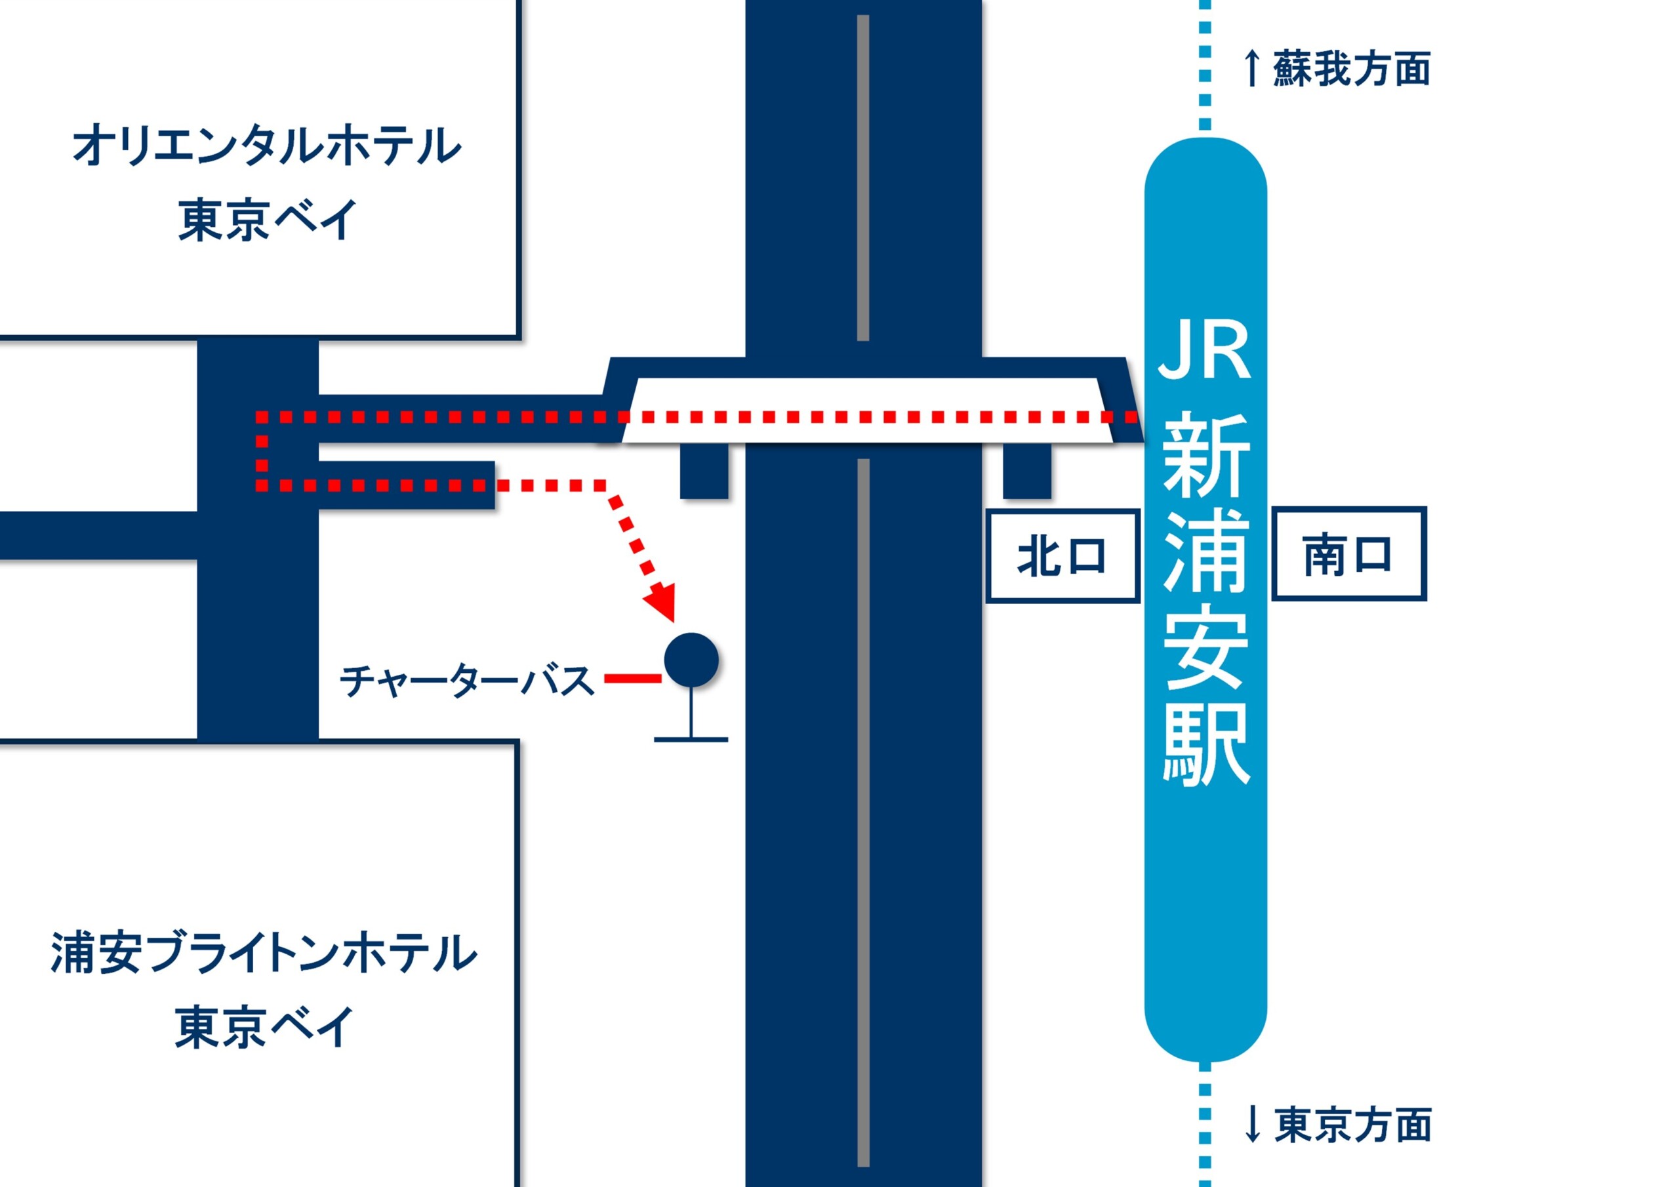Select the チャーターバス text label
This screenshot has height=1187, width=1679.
(466, 681)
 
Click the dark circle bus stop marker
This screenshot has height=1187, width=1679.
(691, 660)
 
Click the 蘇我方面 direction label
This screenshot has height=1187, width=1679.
(1351, 70)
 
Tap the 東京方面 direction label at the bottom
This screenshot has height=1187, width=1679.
(1352, 1124)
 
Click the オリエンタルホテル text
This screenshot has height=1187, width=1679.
(267, 145)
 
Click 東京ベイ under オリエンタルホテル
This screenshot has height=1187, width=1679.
(268, 220)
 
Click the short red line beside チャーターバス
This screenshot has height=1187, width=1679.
(632, 679)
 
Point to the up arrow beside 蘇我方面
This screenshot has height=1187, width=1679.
(1251, 69)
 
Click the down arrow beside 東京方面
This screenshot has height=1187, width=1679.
(1252, 1124)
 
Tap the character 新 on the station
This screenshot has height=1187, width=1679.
(1205, 455)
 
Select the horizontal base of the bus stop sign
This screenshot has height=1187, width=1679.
(691, 739)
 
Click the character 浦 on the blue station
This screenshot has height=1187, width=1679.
(1205, 552)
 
